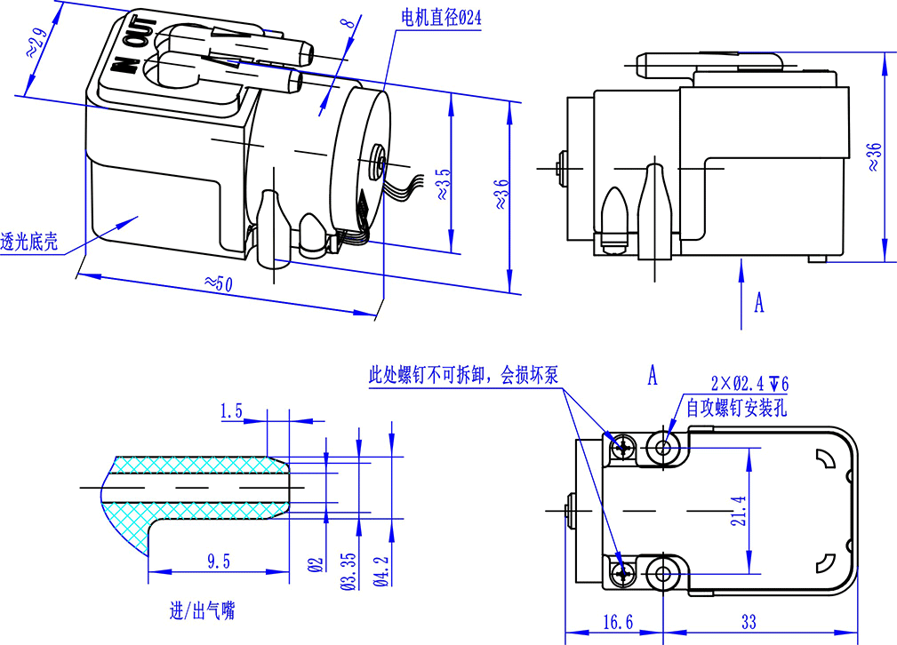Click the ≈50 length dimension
tap(218, 283)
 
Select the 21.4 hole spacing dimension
tap(738, 510)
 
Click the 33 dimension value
tap(749, 622)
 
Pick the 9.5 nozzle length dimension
tap(218, 561)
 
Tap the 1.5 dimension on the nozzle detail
tap(232, 410)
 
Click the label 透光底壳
tap(29, 240)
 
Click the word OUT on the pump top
tap(137, 38)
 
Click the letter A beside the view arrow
tap(758, 303)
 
